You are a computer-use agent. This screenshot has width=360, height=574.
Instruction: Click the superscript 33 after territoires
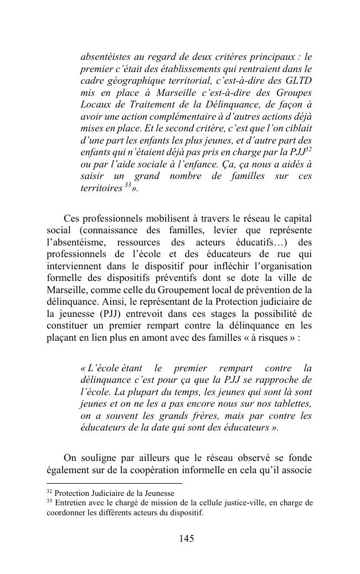click(127, 186)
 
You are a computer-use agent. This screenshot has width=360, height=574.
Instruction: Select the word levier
click(225, 230)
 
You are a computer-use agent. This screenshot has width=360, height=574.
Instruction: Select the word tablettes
click(290, 404)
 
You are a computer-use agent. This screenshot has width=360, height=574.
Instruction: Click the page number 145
click(187, 539)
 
